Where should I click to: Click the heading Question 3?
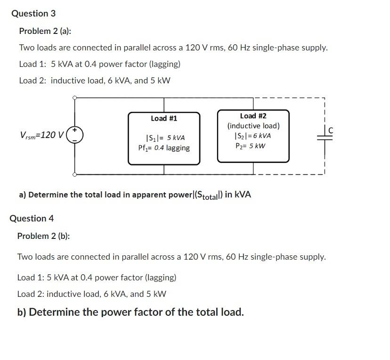pyautogui.click(x=33, y=14)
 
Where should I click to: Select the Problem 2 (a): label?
pyautogui.click(x=45, y=31)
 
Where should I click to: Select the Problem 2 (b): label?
pyautogui.click(x=43, y=236)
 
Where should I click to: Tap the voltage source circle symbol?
pyautogui.click(x=75, y=135)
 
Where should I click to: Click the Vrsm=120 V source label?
pyautogui.click(x=42, y=135)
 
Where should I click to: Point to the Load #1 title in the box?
pyautogui.click(x=164, y=118)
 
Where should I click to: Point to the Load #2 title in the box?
pyautogui.click(x=253, y=116)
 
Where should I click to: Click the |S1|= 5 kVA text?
pyautogui.click(x=165, y=138)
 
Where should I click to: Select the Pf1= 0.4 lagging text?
pyautogui.click(x=164, y=148)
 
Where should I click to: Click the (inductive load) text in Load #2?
pyautogui.click(x=253, y=126)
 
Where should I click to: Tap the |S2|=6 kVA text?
pyautogui.click(x=253, y=136)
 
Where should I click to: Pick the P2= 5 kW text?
pyautogui.click(x=251, y=146)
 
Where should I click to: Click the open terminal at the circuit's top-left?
pyautogui.click(x=74, y=98)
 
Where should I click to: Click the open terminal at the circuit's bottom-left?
pyautogui.click(x=74, y=174)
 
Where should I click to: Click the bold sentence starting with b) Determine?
pyautogui.click(x=130, y=312)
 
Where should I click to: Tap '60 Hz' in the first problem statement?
pyautogui.click(x=237, y=48)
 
